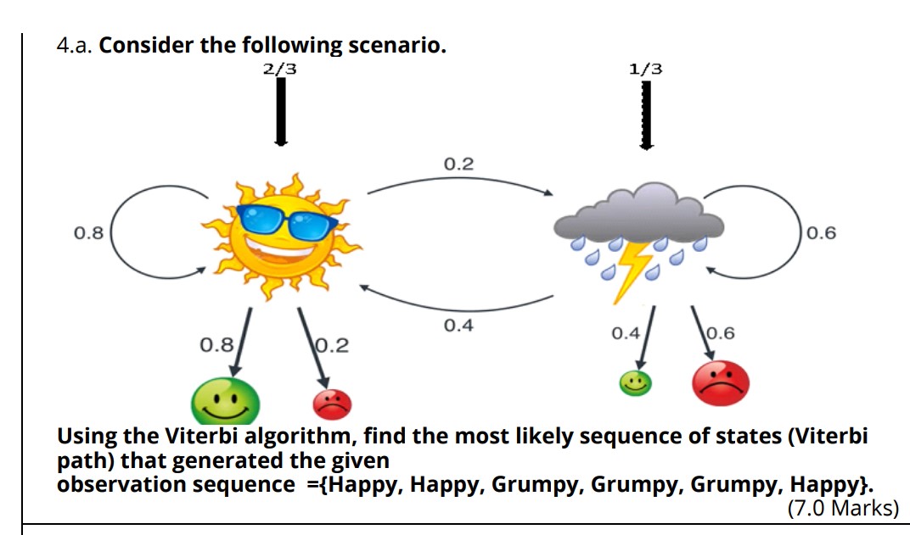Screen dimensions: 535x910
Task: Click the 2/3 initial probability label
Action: click(280, 70)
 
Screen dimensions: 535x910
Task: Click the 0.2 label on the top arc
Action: click(458, 164)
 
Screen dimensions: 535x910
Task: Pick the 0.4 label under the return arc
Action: click(458, 326)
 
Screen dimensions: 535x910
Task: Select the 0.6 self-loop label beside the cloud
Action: click(821, 232)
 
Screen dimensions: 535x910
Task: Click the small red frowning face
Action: click(332, 405)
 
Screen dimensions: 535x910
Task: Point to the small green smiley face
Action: click(634, 383)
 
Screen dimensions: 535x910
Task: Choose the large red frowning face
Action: click(721, 383)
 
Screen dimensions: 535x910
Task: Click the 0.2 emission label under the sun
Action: click(332, 345)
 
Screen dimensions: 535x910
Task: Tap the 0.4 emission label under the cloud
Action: click(626, 333)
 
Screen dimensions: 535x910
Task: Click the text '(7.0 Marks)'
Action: click(841, 508)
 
